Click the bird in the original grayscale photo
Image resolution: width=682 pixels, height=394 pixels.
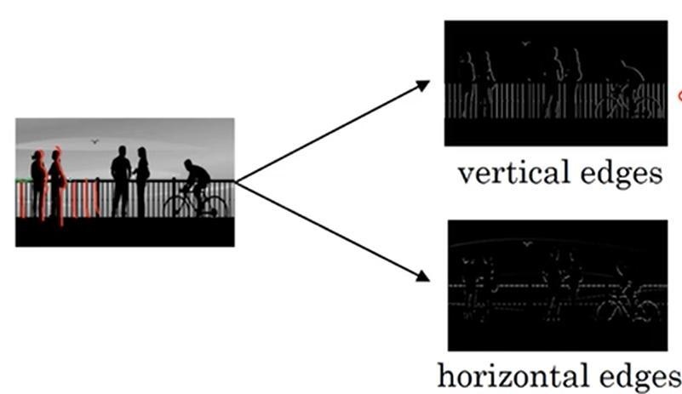tap(95, 142)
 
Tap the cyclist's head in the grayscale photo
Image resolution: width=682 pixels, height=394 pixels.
tap(189, 164)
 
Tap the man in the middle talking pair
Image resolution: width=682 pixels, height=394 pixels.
tap(122, 180)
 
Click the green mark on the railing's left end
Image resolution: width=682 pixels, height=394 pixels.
tap(19, 180)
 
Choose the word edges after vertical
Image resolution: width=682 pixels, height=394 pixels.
tap(619, 174)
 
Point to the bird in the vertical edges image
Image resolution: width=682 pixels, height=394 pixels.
tap(525, 43)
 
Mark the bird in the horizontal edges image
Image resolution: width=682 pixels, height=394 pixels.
tap(528, 245)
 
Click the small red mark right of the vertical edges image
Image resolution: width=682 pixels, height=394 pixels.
tap(679, 96)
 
